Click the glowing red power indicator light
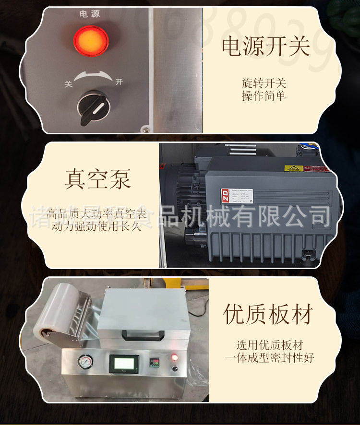tap(90, 40)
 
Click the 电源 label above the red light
tap(90, 14)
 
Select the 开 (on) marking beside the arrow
tap(119, 82)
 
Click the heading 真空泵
tap(98, 178)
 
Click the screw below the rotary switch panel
tap(144, 128)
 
